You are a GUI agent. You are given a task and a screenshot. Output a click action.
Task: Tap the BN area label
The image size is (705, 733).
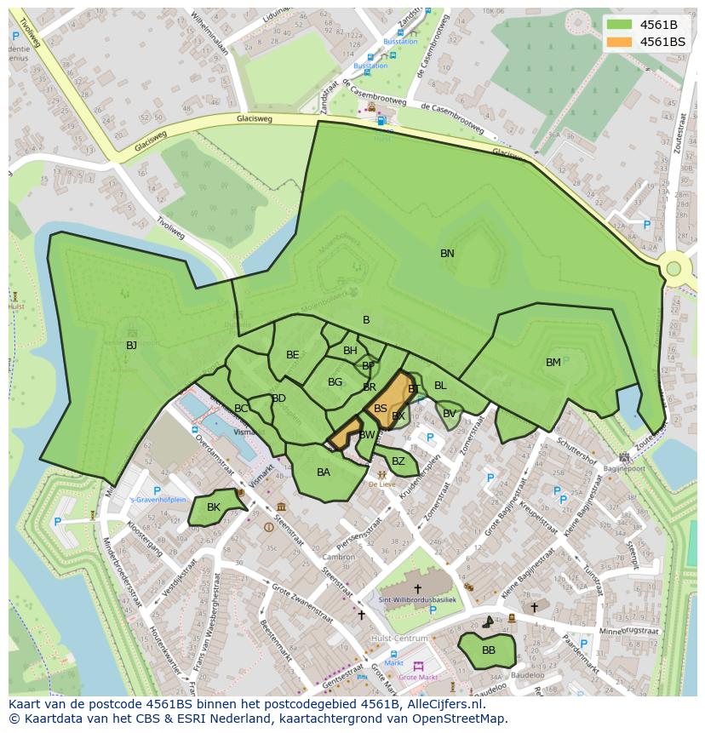[447, 254]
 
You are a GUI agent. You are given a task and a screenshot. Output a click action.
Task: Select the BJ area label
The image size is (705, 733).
[131, 346]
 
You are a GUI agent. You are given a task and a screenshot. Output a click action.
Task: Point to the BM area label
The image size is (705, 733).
[553, 363]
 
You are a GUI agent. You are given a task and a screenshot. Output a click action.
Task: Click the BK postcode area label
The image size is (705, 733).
[214, 507]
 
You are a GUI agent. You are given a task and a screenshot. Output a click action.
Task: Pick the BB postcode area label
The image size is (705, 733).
[489, 650]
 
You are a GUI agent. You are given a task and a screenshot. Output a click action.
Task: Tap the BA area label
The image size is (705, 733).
[324, 472]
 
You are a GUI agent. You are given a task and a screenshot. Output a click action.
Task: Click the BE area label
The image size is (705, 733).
[293, 355]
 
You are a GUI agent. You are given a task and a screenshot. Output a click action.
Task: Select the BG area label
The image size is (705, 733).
[335, 383]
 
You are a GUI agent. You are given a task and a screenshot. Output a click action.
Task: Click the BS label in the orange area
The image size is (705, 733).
[381, 409]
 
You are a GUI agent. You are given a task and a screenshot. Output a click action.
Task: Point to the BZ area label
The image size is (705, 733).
[398, 461]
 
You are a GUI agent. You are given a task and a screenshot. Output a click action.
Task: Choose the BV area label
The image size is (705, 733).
[449, 414]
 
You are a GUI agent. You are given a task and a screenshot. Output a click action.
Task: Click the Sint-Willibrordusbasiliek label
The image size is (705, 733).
[417, 600]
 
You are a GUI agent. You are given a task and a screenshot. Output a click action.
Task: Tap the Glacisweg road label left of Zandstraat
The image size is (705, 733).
[255, 119]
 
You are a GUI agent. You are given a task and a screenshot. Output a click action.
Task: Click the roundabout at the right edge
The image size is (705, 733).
[673, 269]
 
